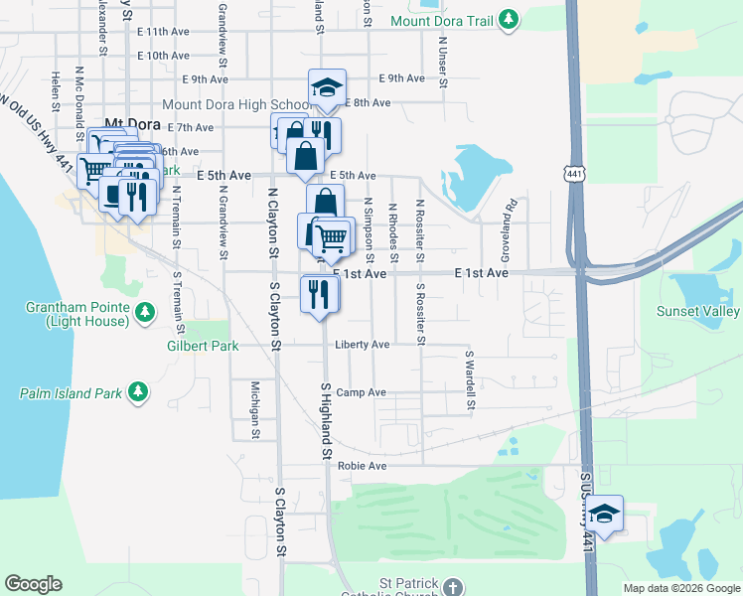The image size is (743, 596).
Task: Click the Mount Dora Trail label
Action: [x=443, y=20]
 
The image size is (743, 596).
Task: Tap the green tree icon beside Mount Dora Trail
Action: [x=509, y=20]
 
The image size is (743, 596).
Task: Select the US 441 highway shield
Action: [x=575, y=174]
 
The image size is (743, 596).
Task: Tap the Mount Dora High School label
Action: [x=236, y=104]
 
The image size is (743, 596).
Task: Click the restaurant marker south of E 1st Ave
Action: [x=320, y=294]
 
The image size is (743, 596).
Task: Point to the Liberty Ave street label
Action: [x=361, y=345]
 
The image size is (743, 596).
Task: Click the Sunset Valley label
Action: [x=698, y=312]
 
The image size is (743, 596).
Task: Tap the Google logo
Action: [x=33, y=584]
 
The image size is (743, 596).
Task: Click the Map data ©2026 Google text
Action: [x=680, y=588]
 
